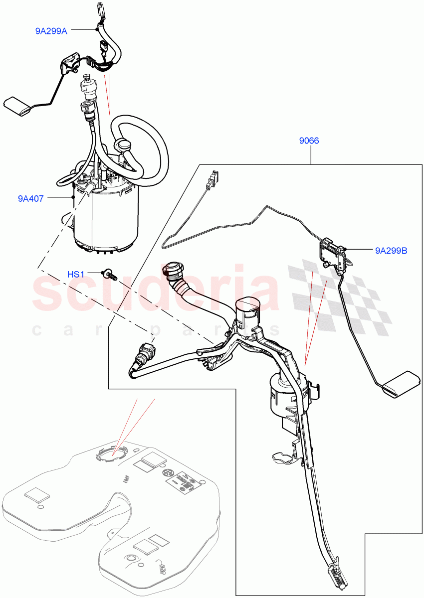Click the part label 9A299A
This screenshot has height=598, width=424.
[51, 30]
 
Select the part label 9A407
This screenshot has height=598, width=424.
[31, 198]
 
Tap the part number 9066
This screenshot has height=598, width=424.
[309, 141]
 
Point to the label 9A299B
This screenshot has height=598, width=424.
[391, 251]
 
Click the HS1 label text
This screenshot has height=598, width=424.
[76, 274]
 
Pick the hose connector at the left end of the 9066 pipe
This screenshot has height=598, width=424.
[144, 352]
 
